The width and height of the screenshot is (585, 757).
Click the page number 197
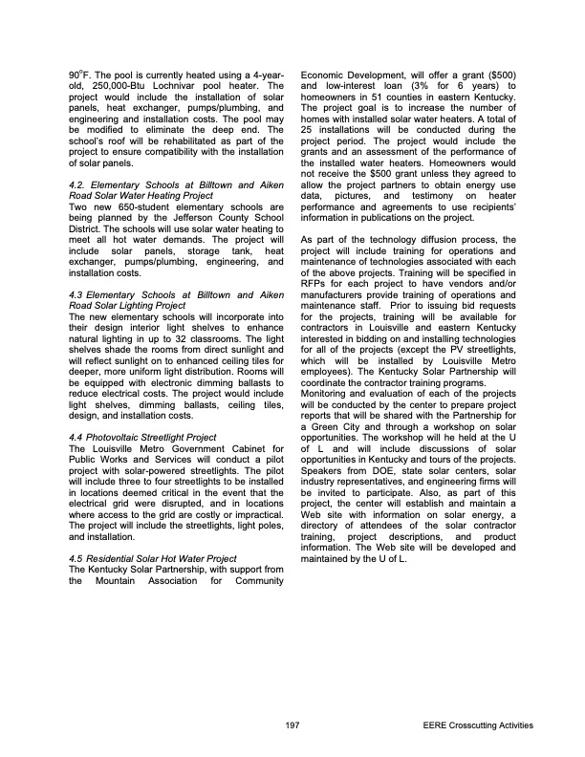coord(292,726)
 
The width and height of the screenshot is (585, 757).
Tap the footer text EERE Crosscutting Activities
coord(478,726)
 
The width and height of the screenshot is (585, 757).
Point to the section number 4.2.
coord(81,183)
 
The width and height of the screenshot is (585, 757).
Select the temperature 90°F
coord(79,73)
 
